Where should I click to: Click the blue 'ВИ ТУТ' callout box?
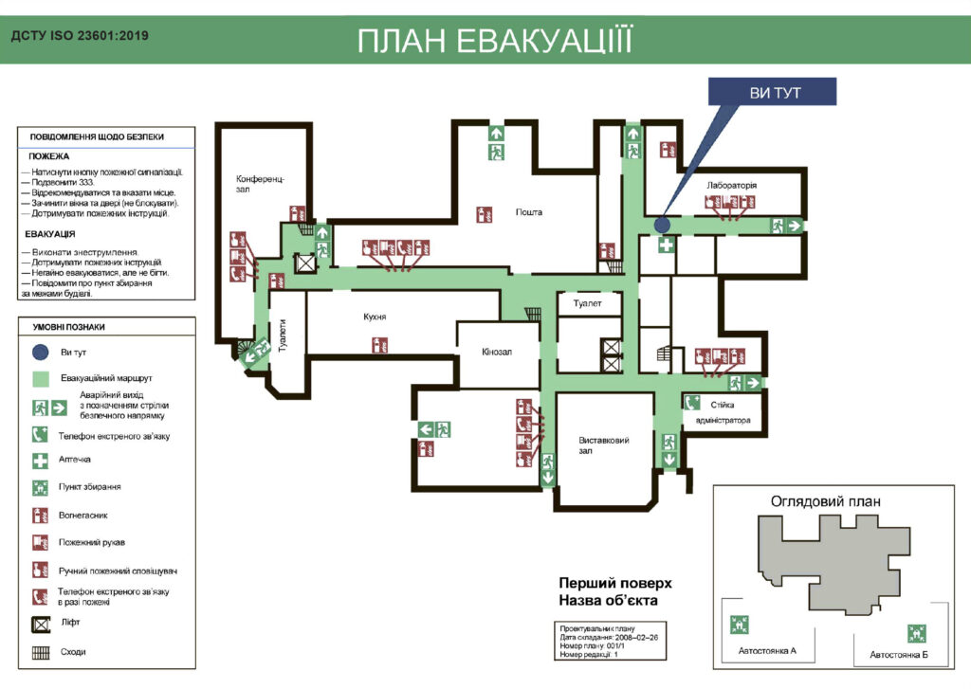click(x=774, y=92)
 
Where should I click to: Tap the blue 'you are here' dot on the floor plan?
click(x=662, y=225)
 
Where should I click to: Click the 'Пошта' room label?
click(x=529, y=212)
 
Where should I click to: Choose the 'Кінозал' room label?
click(x=496, y=352)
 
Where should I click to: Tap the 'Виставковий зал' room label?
click(x=604, y=446)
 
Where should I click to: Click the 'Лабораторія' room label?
click(x=732, y=185)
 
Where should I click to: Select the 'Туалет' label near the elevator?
click(x=591, y=303)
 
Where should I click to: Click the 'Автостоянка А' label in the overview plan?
click(x=767, y=651)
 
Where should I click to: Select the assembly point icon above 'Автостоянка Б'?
click(x=915, y=631)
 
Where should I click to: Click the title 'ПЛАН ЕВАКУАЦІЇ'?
click(x=494, y=42)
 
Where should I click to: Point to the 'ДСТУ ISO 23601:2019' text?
click(x=80, y=37)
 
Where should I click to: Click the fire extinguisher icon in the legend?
click(x=40, y=517)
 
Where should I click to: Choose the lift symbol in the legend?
click(x=40, y=624)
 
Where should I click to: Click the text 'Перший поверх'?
click(x=614, y=583)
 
